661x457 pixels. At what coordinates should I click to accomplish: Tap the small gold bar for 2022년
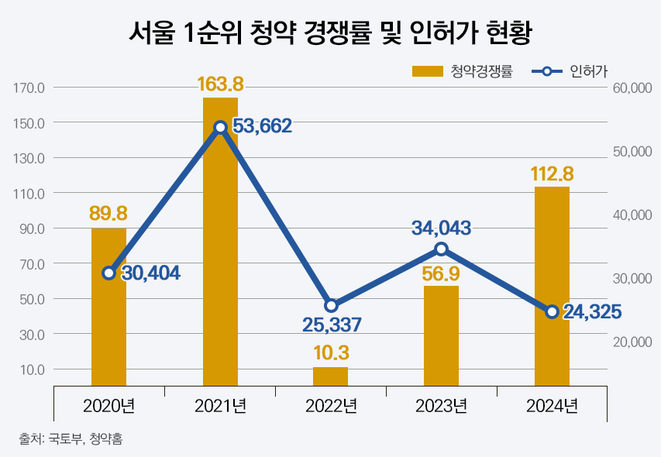coord(331,376)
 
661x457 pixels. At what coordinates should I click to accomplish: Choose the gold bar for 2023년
coord(441,335)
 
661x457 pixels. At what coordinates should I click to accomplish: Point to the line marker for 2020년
coord(109,273)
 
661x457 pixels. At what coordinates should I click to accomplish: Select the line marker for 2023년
coord(441,249)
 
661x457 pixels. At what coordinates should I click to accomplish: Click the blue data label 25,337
coord(332,324)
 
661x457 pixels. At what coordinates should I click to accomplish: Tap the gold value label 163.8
coord(220,84)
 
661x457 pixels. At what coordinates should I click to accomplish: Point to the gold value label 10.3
coord(331,353)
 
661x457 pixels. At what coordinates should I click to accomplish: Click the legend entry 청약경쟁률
coord(462,72)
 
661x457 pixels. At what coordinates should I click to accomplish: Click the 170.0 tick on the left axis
coord(29,88)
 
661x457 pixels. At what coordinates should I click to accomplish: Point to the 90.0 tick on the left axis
coord(32,228)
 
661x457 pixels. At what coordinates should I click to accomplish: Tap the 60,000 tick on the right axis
coord(632,88)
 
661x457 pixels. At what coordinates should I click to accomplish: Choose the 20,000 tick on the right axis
coord(632,342)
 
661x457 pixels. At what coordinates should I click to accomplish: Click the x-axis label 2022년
coord(331,406)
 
